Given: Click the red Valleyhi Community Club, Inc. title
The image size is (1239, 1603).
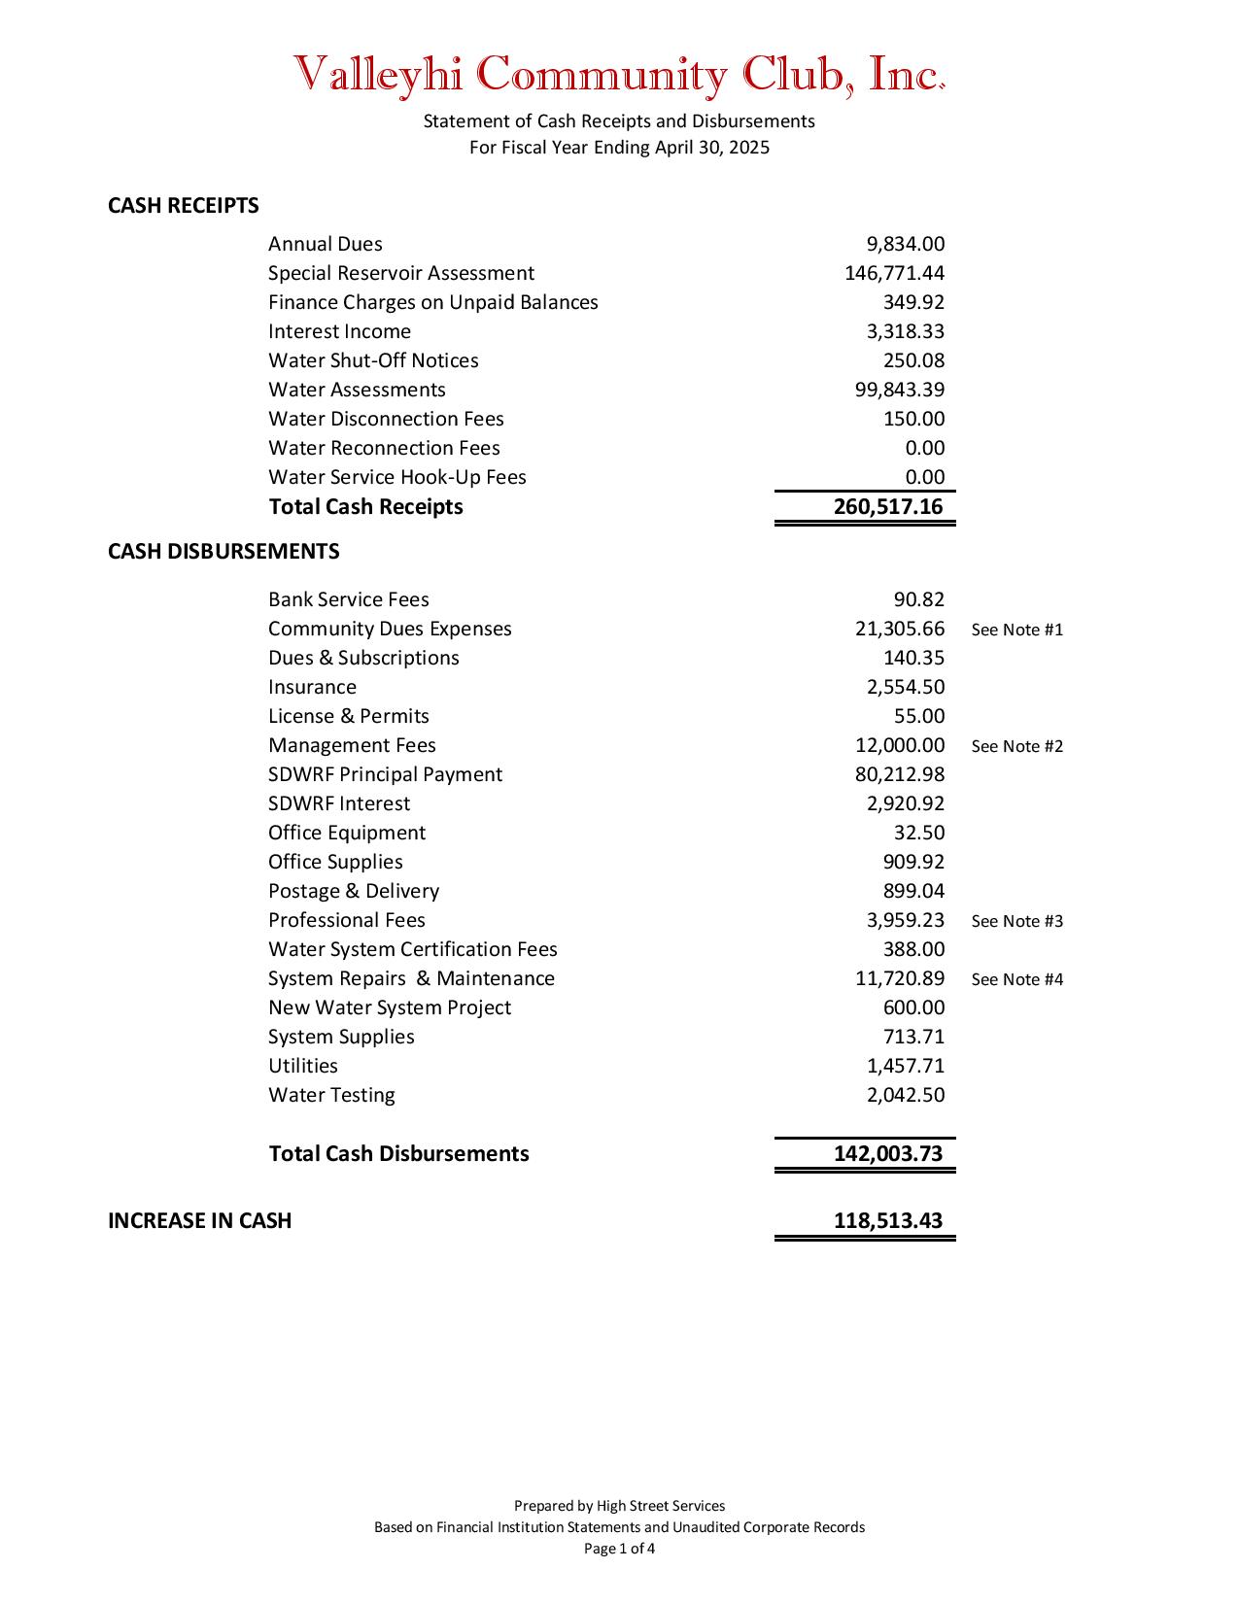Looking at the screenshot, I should (619, 75).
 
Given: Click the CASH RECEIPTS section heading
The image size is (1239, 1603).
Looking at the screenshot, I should (183, 206).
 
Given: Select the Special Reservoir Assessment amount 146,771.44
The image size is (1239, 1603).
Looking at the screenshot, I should (894, 273).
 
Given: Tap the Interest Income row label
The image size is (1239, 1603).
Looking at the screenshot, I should (339, 331).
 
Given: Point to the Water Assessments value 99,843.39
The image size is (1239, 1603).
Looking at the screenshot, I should (899, 390).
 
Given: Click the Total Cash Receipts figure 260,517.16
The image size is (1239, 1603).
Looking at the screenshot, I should (887, 507).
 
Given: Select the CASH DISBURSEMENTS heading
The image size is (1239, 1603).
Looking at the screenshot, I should (224, 552).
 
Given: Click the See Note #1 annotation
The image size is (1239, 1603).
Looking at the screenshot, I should (1016, 630).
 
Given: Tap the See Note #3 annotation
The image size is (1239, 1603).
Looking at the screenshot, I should (1016, 921).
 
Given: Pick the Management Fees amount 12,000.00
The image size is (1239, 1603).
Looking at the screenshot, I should (899, 745).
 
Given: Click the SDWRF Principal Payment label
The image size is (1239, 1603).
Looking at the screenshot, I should (385, 774).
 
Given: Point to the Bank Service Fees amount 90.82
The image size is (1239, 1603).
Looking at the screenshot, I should (918, 599).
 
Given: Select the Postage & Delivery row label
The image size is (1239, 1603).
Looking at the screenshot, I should (354, 891).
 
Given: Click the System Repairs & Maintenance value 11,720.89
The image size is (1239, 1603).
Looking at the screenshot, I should (899, 978).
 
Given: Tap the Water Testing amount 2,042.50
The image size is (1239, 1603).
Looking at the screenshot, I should (905, 1095).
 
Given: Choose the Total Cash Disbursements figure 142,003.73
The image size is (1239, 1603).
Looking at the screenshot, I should (887, 1154).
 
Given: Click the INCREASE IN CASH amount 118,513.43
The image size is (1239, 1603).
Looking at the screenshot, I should (887, 1221).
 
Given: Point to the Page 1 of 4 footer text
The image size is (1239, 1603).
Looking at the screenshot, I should (619, 1549).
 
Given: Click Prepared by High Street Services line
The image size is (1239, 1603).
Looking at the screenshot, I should (619, 1506).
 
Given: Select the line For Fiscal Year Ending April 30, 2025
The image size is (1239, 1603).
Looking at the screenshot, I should (619, 148).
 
